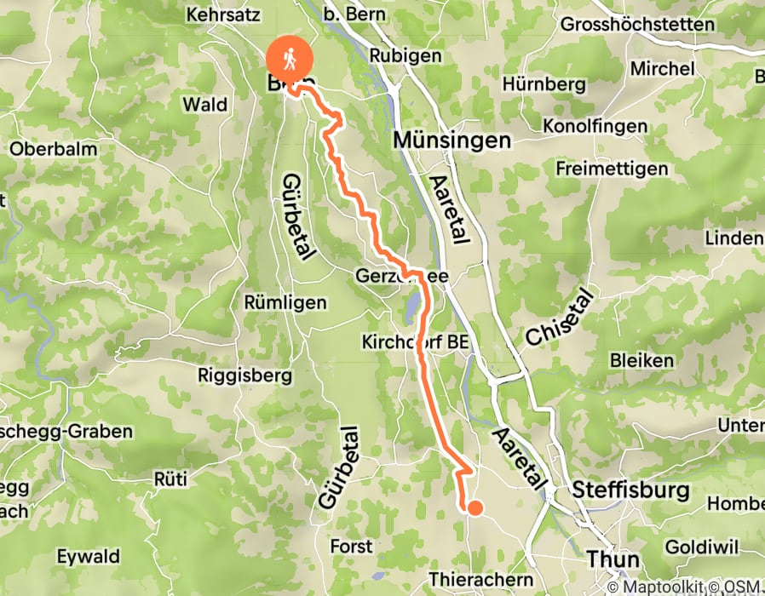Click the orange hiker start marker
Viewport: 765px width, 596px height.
[x=290, y=60]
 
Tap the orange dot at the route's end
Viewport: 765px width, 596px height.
[x=475, y=508]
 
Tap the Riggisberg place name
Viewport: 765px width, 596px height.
[x=244, y=375]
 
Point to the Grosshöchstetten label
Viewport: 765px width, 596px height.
[x=650, y=24]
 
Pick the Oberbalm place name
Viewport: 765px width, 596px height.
[x=53, y=148]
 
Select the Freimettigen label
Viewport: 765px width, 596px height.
[x=612, y=169]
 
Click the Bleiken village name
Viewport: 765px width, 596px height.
[x=641, y=360]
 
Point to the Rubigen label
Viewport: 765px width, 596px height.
[x=406, y=55]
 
